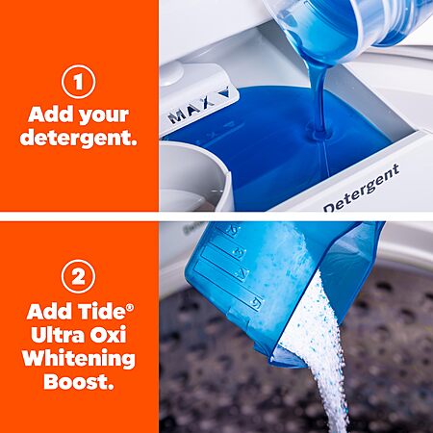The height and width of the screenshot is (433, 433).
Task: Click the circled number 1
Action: point(78,82)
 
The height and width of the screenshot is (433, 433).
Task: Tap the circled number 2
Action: point(78,276)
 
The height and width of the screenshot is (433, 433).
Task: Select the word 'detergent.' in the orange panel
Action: point(78,138)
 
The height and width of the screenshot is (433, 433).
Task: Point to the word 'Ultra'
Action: point(57,335)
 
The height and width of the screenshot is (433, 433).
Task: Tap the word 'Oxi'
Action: point(108,335)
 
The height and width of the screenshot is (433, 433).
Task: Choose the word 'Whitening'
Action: point(79,359)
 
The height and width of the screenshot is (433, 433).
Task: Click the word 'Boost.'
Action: point(79,382)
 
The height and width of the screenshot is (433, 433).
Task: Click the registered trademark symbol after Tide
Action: point(129,307)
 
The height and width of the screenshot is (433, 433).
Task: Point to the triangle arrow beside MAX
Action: point(223,92)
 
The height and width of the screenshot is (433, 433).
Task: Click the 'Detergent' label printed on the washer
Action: point(362,189)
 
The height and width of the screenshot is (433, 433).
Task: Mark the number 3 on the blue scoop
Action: point(240,252)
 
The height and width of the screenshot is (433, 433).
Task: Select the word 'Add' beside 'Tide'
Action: point(50,311)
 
